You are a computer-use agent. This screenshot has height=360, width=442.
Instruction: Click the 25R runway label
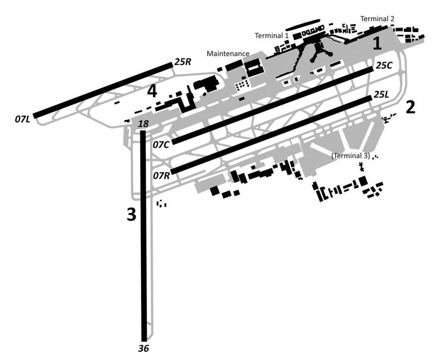(x=183, y=62)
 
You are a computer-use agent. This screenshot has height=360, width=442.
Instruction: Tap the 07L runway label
(x=22, y=119)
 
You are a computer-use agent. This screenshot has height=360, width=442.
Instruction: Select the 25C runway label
(x=384, y=66)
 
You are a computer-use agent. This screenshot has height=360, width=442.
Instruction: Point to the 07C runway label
(x=161, y=145)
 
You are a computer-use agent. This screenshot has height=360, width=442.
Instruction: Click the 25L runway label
(x=381, y=95)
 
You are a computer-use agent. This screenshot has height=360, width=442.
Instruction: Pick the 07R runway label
(x=161, y=176)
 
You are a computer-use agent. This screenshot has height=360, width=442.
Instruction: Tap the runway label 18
(x=143, y=124)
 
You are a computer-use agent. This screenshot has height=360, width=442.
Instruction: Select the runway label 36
(x=143, y=349)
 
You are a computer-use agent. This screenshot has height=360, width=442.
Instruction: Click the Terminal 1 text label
(x=272, y=36)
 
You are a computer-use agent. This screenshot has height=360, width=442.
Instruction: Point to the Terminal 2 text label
(x=377, y=19)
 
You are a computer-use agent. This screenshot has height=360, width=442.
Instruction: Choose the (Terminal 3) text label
(x=350, y=156)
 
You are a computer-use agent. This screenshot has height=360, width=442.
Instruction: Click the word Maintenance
(x=228, y=54)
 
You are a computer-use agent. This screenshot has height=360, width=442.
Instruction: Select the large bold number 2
(x=410, y=107)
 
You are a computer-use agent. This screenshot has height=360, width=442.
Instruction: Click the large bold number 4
(x=152, y=92)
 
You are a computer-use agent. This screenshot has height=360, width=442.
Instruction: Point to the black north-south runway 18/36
(x=144, y=236)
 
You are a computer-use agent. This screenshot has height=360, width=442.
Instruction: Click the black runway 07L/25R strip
(x=103, y=90)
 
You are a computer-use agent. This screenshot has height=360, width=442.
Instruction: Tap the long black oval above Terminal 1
(x=303, y=25)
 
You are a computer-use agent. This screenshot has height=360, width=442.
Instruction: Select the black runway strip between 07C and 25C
(x=273, y=106)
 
